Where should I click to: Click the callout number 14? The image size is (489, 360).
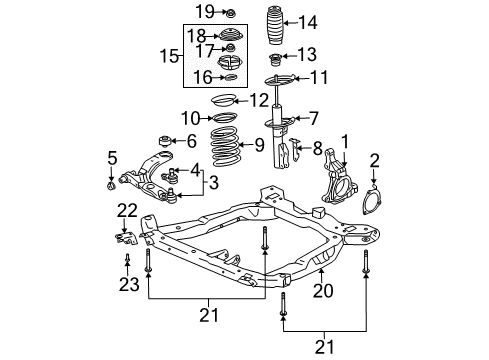308,22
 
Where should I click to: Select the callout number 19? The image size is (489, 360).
203,12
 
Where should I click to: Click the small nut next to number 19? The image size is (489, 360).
230,13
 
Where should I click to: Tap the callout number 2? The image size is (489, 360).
375,158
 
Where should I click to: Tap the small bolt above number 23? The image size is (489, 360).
128,262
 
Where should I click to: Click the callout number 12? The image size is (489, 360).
260,99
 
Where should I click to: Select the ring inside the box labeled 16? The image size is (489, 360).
229,77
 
